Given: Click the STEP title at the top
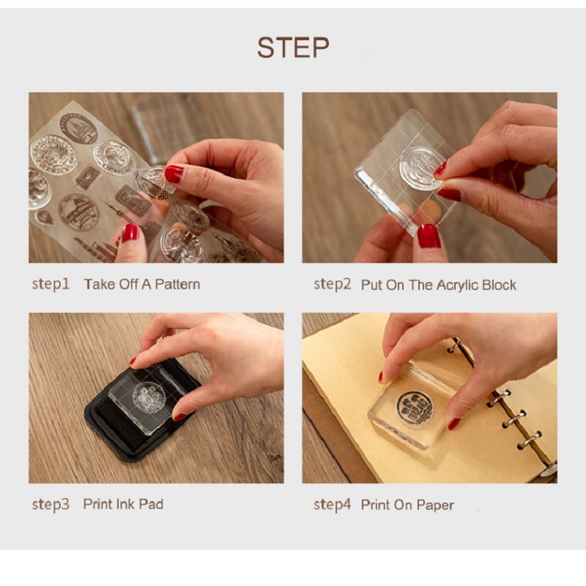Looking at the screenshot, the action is point(293,48).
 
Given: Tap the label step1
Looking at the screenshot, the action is point(51,285).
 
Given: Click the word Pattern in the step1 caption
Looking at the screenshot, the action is point(177,284).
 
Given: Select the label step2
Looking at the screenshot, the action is point(333,285).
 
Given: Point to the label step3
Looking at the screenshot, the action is point(51,505).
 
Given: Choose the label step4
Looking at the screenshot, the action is point(333,505).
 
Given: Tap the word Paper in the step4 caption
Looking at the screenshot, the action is point(435,505).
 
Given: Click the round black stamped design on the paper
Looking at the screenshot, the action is point(415,407).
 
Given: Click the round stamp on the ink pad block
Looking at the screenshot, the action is point(149,398).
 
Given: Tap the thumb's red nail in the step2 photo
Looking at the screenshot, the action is point(429,236).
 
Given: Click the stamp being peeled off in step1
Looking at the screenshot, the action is point(153,182).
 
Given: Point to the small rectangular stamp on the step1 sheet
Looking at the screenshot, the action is point(87,177).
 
